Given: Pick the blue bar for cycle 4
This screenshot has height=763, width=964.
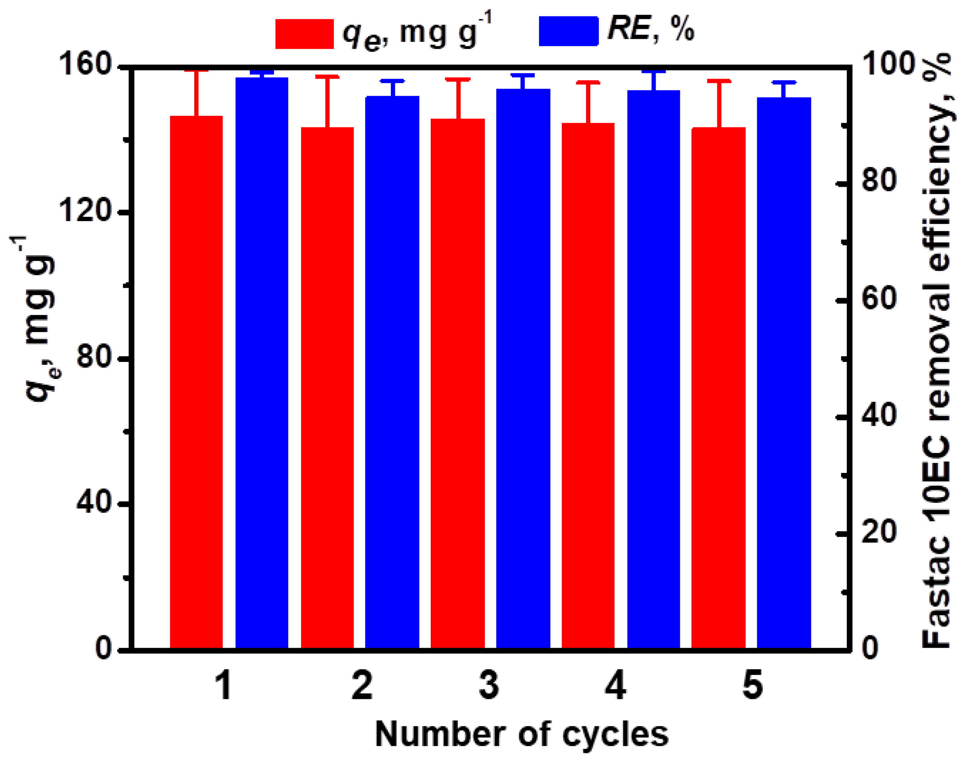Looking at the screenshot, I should click(x=653, y=369).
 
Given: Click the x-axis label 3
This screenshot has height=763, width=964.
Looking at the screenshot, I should click(x=488, y=686).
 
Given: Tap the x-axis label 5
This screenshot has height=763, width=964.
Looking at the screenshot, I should click(x=753, y=686).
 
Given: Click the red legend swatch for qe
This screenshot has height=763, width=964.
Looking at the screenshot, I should click(x=304, y=34).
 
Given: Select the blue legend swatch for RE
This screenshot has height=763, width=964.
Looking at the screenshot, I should click(x=568, y=31).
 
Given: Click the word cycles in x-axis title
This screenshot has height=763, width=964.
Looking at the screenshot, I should click(x=614, y=735).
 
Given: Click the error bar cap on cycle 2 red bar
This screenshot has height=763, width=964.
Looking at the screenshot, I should click(x=327, y=77).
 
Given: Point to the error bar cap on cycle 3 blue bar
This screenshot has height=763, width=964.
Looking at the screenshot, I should click(x=523, y=75).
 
